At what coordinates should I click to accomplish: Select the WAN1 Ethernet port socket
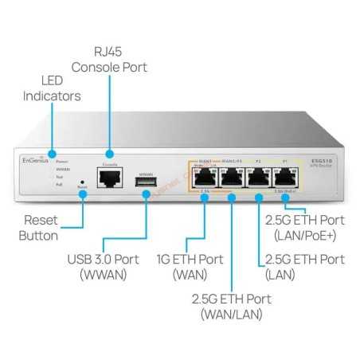click(204, 179)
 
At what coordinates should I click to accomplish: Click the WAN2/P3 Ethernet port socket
click(232, 179)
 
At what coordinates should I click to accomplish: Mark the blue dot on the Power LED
click(52, 153)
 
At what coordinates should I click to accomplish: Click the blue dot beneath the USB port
click(145, 197)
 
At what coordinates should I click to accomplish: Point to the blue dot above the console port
click(109, 153)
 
